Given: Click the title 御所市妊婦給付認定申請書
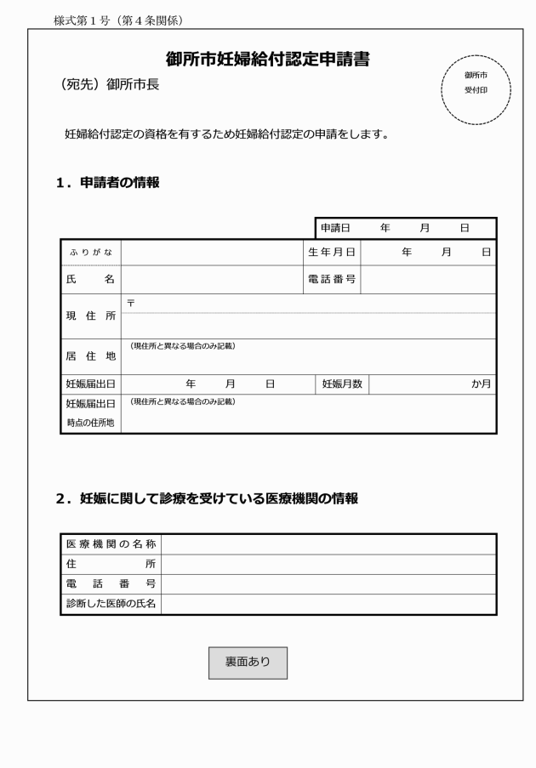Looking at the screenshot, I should [x=268, y=60].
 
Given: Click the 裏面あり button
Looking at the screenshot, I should [x=248, y=663].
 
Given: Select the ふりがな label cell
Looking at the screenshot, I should [x=91, y=252].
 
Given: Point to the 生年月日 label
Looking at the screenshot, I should [x=332, y=252].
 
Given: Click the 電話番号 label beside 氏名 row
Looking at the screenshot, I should [x=332, y=279].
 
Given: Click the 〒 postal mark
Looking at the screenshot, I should [x=130, y=303].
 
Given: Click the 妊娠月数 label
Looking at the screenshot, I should [x=342, y=384].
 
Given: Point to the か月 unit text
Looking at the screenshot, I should [x=482, y=384].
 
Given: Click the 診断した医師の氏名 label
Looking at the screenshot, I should [x=111, y=604].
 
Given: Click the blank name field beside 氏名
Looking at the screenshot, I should [x=212, y=279].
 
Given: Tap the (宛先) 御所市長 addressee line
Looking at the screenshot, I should [x=106, y=85].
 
